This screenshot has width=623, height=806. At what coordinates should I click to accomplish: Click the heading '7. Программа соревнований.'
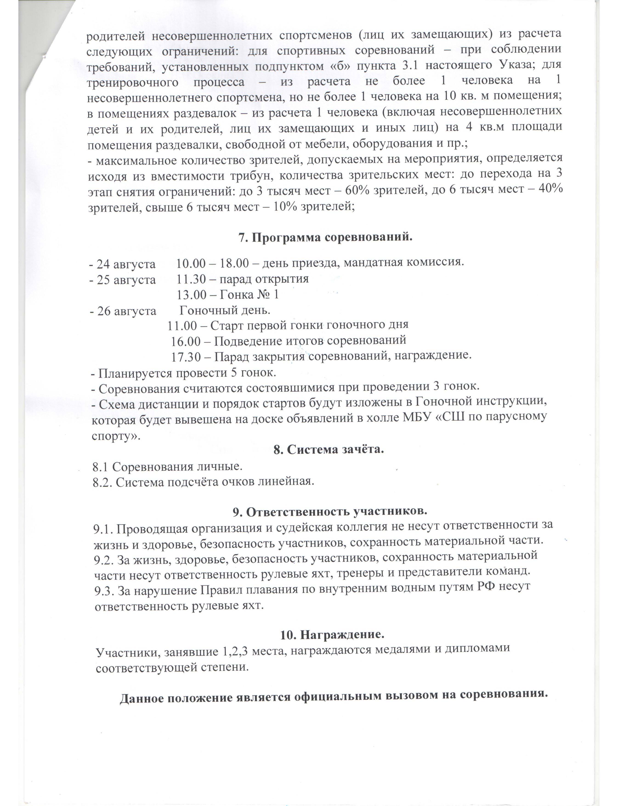[x=325, y=237]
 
